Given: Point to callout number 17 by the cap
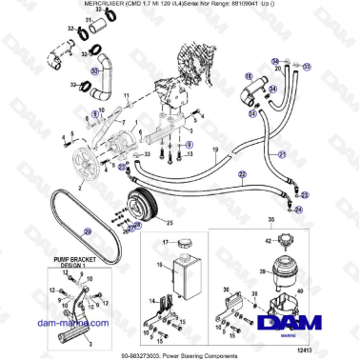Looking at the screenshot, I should [163, 244].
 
